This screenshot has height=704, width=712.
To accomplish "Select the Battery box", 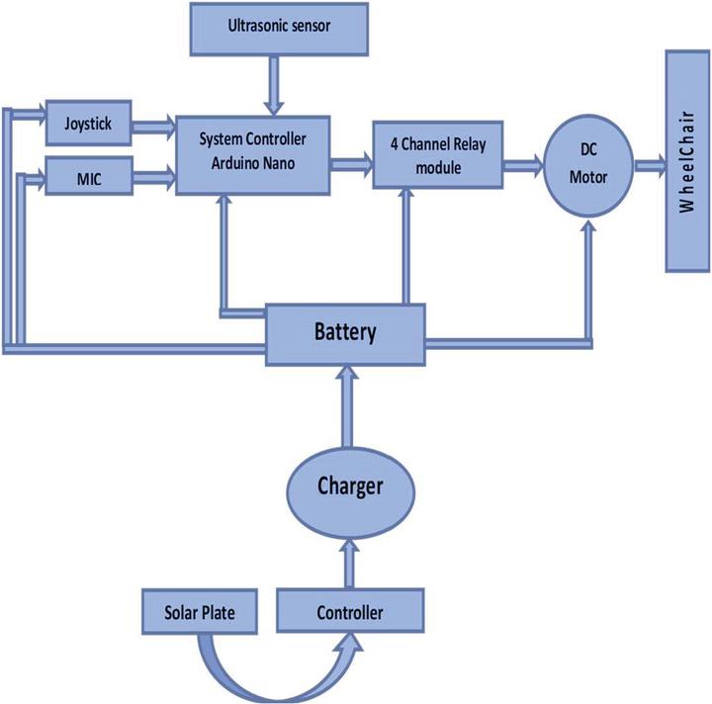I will click(x=345, y=332).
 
